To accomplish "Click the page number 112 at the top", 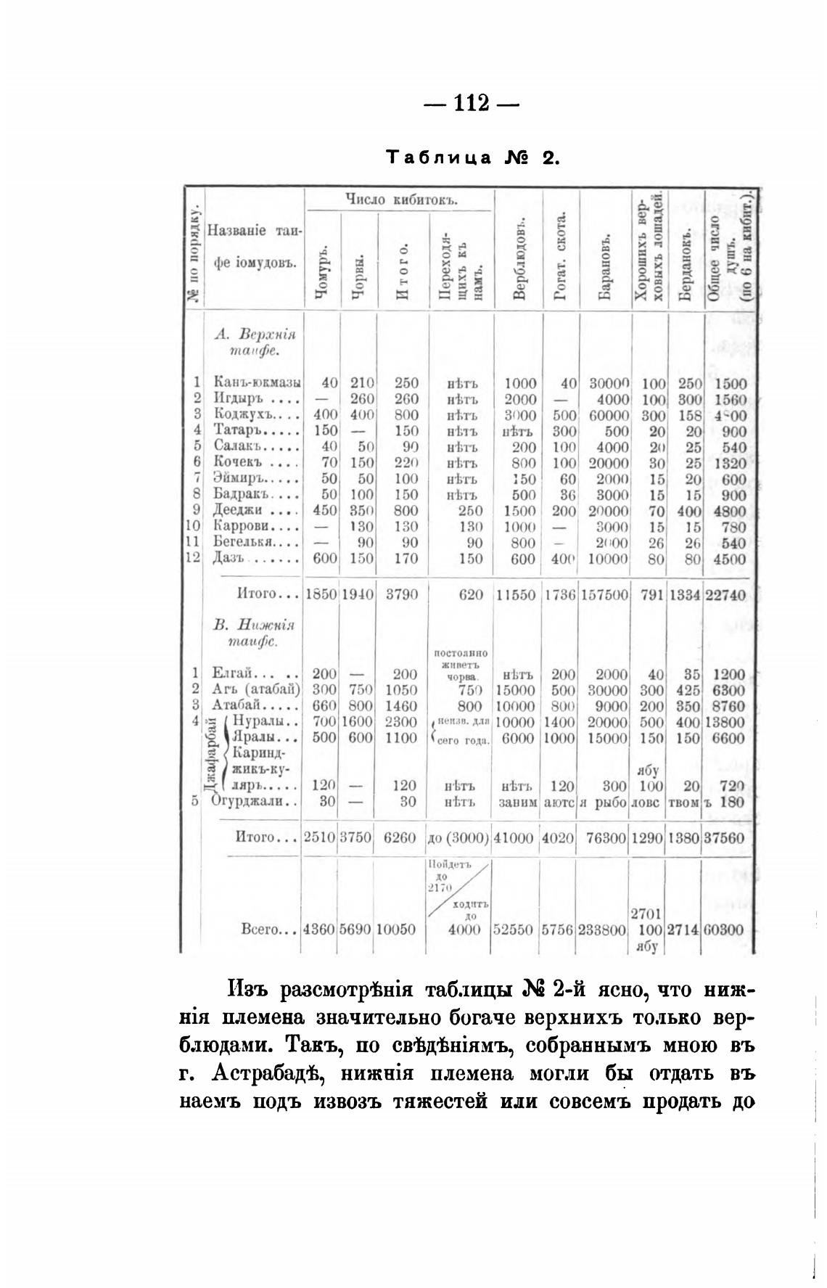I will click(x=472, y=103).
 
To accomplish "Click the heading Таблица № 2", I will click(x=472, y=157).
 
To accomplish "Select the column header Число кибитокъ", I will click(x=399, y=200).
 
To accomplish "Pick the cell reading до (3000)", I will click(x=458, y=837).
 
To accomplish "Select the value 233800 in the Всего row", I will click(x=602, y=930).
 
